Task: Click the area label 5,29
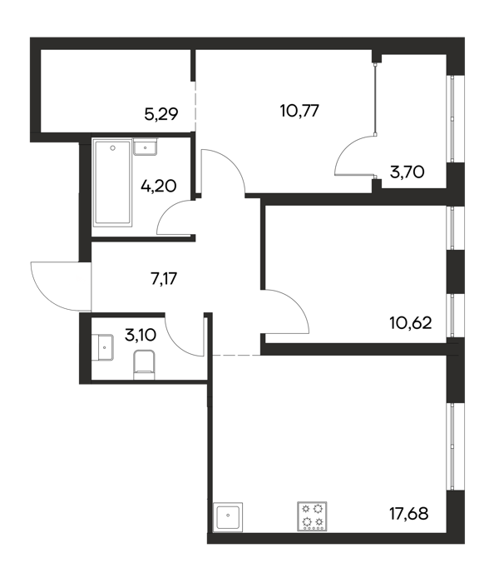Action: (161, 114)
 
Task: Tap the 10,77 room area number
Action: (299, 111)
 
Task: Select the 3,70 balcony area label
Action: (408, 172)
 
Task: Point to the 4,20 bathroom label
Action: (159, 186)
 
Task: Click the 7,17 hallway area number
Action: (164, 278)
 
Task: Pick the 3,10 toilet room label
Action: (141, 336)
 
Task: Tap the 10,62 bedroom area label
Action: (411, 323)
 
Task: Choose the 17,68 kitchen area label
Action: (408, 514)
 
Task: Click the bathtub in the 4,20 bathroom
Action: (113, 182)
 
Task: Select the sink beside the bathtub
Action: (145, 147)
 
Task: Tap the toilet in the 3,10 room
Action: (144, 365)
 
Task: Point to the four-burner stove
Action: (312, 516)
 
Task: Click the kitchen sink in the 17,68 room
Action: (228, 517)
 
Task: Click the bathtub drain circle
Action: (113, 148)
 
